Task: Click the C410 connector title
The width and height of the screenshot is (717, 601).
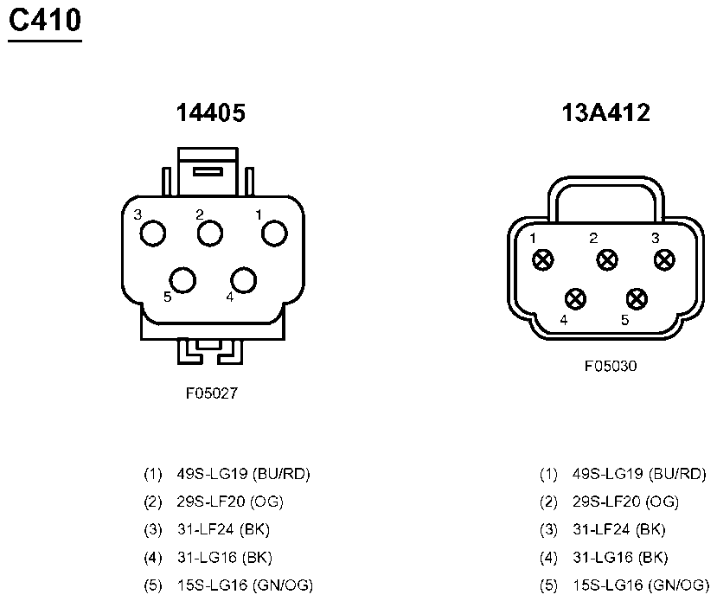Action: (45, 21)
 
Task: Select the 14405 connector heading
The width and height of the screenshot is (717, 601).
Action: (211, 112)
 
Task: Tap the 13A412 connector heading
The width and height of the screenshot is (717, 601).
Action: (606, 112)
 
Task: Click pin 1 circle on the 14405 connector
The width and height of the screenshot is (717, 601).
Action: (274, 233)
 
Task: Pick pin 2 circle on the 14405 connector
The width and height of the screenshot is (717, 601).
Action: (210, 233)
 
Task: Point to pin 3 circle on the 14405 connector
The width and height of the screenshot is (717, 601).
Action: (153, 233)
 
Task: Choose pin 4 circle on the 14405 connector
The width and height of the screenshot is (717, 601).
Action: (244, 279)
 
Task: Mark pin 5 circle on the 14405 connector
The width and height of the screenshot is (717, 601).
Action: (182, 279)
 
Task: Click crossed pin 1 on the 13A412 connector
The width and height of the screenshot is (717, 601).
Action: (543, 260)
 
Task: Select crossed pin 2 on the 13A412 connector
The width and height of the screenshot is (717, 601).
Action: (607, 260)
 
